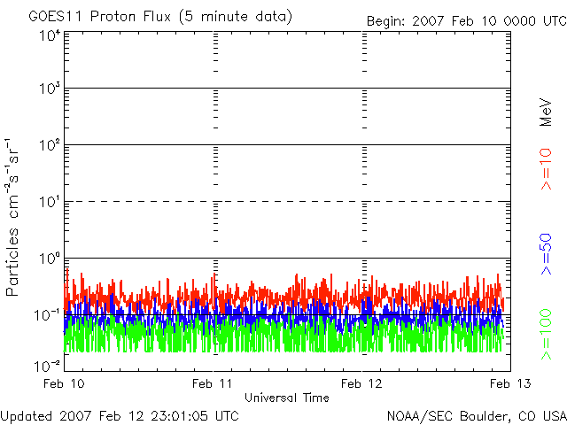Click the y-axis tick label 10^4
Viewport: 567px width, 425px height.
pyautogui.click(x=50, y=35)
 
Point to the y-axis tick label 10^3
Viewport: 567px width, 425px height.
pyautogui.click(x=50, y=89)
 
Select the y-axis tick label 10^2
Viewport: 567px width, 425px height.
pyautogui.click(x=50, y=145)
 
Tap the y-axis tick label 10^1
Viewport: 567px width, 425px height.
pyautogui.click(x=50, y=202)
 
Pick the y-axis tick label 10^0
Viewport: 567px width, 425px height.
pyautogui.click(x=50, y=259)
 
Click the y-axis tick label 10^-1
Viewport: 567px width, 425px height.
pyautogui.click(x=48, y=314)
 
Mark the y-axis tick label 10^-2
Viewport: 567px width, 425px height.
pyautogui.click(x=48, y=365)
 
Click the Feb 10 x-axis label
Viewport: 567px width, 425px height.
pyautogui.click(x=65, y=383)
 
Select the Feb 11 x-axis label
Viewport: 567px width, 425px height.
pyautogui.click(x=213, y=383)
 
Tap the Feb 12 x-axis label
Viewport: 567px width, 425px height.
pyautogui.click(x=361, y=383)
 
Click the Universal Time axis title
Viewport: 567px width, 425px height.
pyautogui.click(x=287, y=398)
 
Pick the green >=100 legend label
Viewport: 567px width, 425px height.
pyautogui.click(x=546, y=333)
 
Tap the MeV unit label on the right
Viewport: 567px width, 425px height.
pyautogui.click(x=546, y=111)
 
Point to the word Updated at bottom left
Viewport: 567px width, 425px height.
pyautogui.click(x=26, y=415)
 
